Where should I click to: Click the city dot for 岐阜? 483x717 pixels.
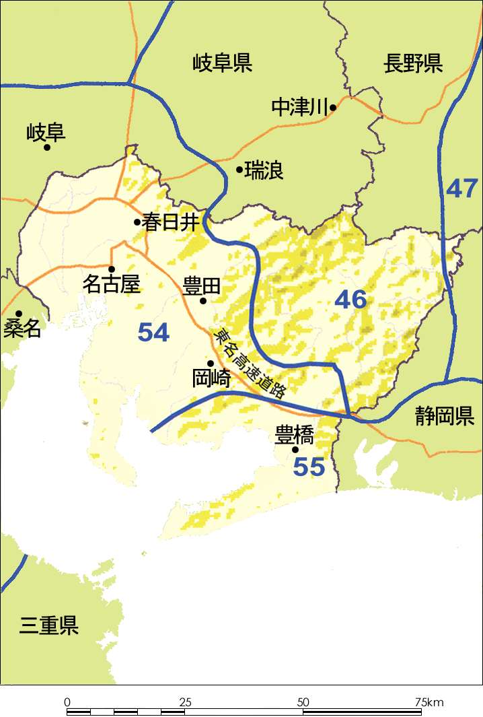pyautogui.click(x=47, y=147)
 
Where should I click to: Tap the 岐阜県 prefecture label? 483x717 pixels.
pyautogui.click(x=222, y=64)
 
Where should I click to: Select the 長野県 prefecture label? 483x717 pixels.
pyautogui.click(x=413, y=65)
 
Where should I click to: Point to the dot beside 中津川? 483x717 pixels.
pyautogui.click(x=332, y=107)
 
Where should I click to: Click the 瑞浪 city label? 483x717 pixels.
pyautogui.click(x=264, y=170)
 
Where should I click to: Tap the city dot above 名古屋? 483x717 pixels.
pyautogui.click(x=112, y=269)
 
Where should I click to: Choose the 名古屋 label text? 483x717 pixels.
pyautogui.click(x=111, y=284)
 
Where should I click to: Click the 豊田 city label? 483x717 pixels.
pyautogui.click(x=202, y=286)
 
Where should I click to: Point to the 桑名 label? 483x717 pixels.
pyautogui.click(x=22, y=329)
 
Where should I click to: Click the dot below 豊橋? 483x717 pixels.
pyautogui.click(x=295, y=449)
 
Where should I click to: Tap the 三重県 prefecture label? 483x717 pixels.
pyautogui.click(x=49, y=625)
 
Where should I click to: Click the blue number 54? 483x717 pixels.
pyautogui.click(x=153, y=332)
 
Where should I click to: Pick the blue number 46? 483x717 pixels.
pyautogui.click(x=351, y=300)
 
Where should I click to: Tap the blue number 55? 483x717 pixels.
pyautogui.click(x=309, y=467)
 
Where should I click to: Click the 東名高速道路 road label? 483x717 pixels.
pyautogui.click(x=249, y=364)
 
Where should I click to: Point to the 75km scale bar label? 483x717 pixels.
pyautogui.click(x=429, y=702)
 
